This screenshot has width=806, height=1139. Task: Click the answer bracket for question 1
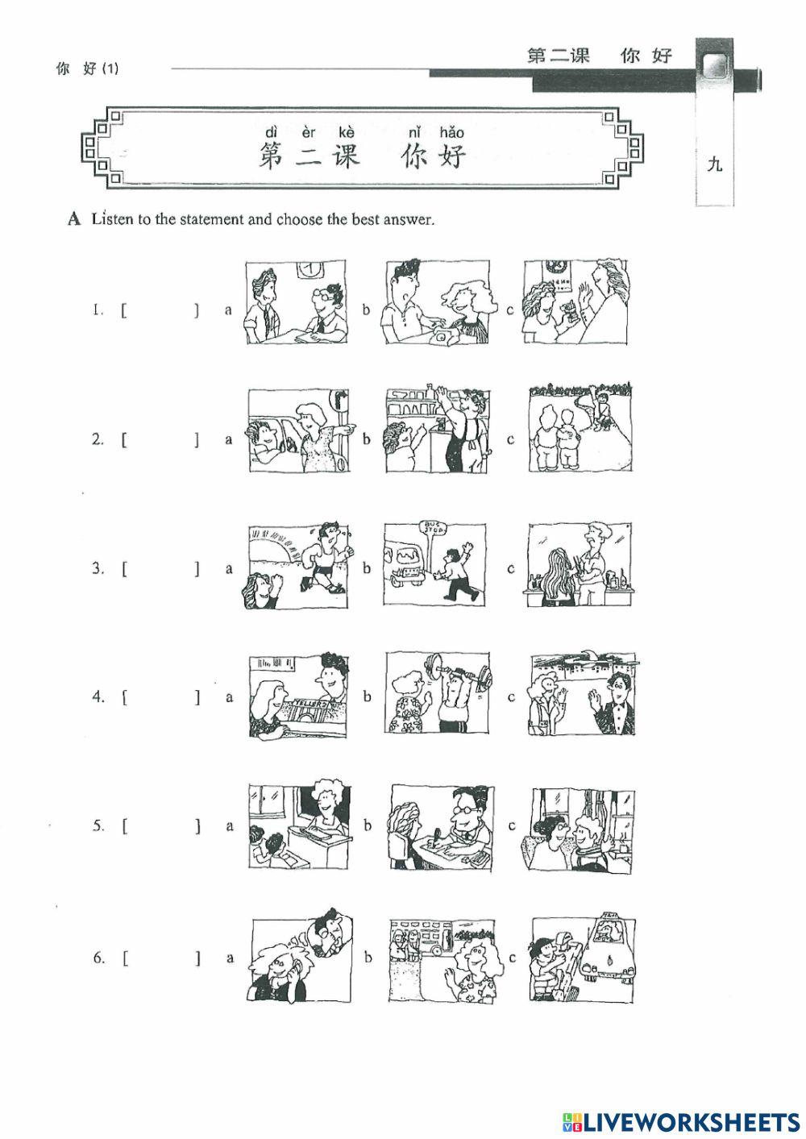click(160, 310)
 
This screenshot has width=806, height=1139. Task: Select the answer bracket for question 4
click(160, 697)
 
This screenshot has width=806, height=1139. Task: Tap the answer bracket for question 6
click(160, 958)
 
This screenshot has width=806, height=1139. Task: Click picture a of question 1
click(297, 302)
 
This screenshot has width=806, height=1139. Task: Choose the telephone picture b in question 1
click(437, 302)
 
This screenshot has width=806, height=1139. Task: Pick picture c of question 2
click(580, 430)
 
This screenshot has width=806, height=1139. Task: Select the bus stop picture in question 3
click(434, 564)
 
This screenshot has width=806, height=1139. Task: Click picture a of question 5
click(299, 824)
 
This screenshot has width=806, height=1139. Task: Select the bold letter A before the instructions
click(76, 219)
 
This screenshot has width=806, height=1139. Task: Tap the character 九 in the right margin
click(714, 165)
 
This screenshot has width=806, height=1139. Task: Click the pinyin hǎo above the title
click(451, 132)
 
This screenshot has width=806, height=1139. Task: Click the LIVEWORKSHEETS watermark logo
click(680, 1120)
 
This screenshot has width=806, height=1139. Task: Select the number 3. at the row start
click(98, 568)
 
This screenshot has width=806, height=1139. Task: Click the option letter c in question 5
click(510, 825)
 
